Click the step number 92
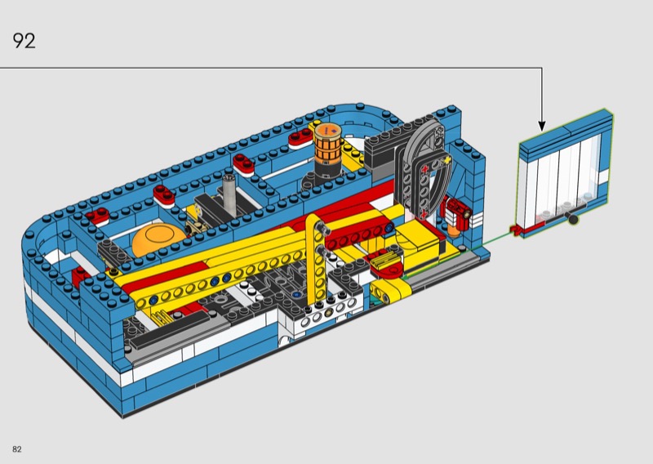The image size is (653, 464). click(24, 41)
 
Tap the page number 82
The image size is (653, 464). click(17, 449)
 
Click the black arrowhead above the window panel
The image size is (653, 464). click(542, 126)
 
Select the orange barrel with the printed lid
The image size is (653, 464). click(328, 143)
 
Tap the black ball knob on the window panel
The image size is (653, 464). click(574, 219)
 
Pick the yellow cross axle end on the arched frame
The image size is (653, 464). click(446, 159)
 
